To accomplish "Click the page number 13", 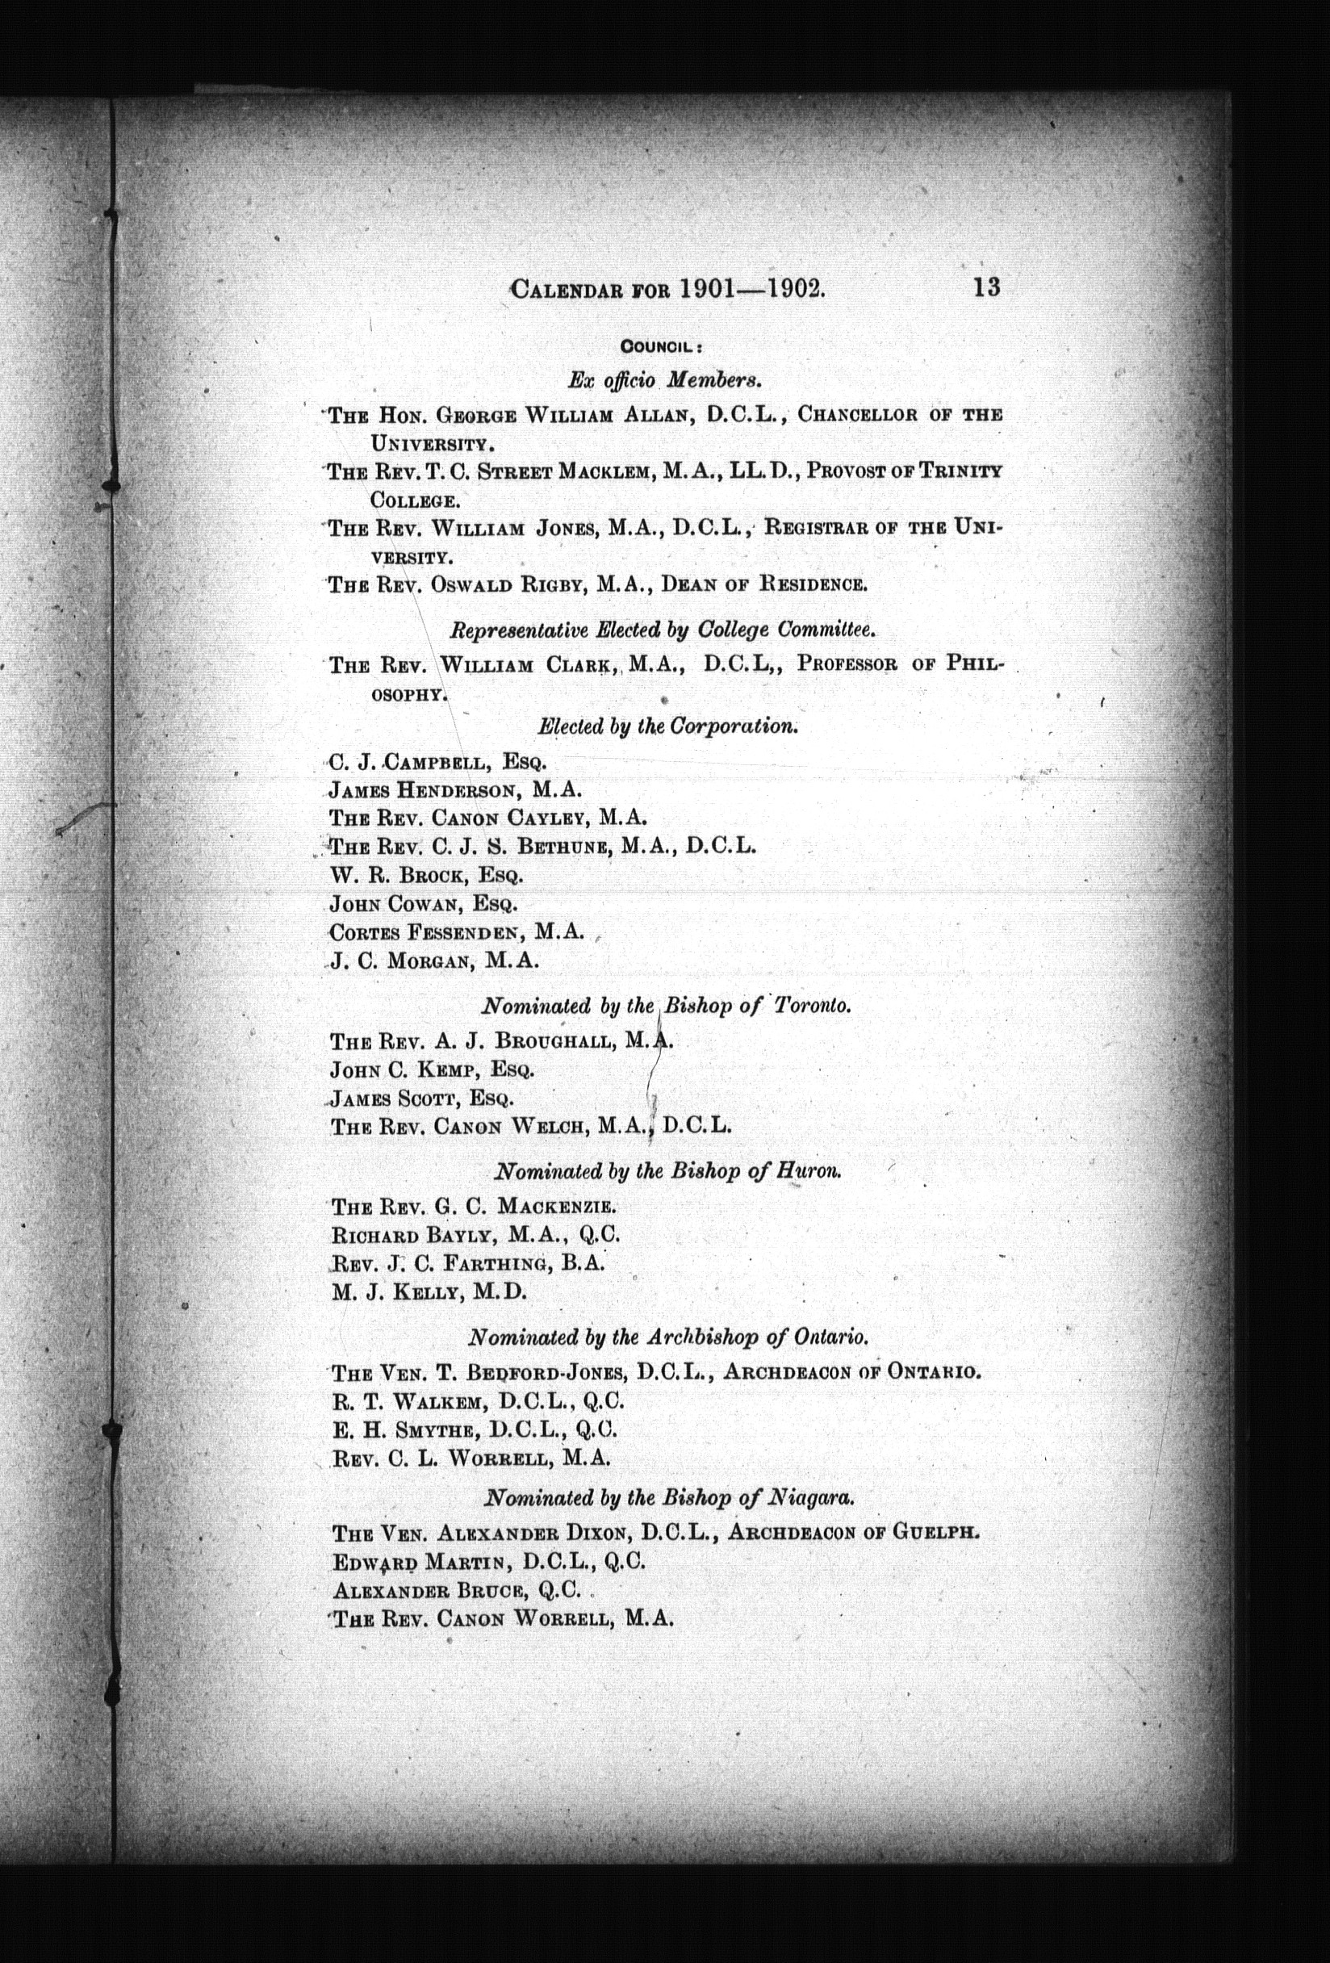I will (x=985, y=287).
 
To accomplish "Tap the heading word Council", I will (x=657, y=346).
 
